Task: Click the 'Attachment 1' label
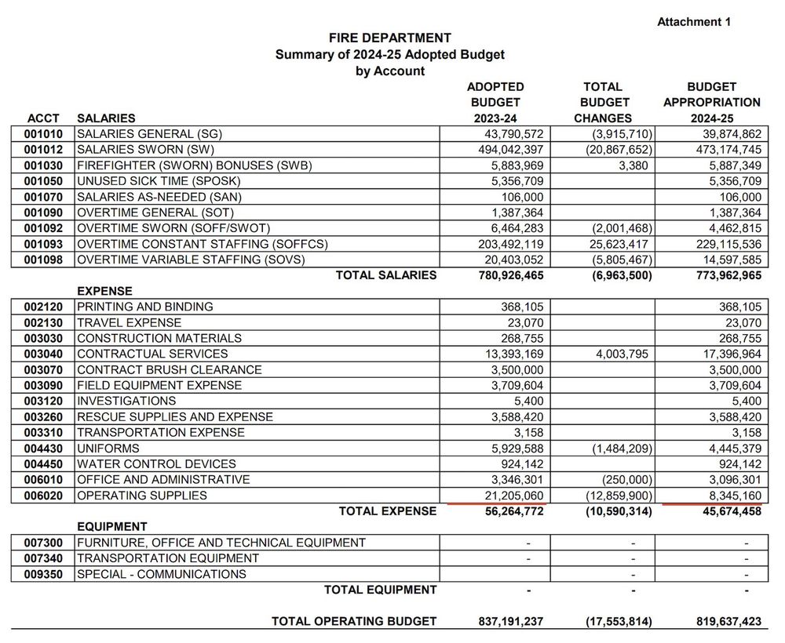tap(694, 22)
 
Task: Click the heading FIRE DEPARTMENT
tap(390, 38)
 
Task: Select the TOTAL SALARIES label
tap(386, 275)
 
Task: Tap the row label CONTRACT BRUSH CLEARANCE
tap(170, 369)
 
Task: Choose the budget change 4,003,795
tap(616, 354)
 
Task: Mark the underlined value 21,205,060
tap(509, 496)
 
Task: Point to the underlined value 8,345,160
tap(726, 496)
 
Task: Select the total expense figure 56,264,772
tap(509, 511)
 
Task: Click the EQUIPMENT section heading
tap(112, 527)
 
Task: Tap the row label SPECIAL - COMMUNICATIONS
tap(162, 574)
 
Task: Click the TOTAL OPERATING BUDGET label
tap(354, 621)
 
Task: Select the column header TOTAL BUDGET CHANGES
tap(604, 102)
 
